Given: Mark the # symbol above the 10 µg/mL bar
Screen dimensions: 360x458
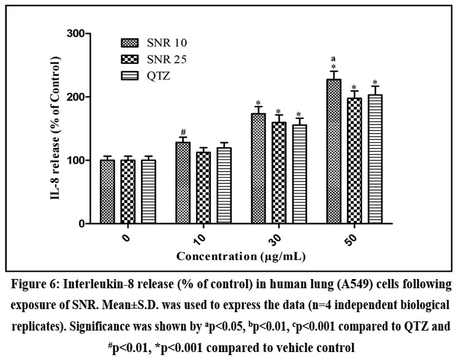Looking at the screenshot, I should click(183, 131).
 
